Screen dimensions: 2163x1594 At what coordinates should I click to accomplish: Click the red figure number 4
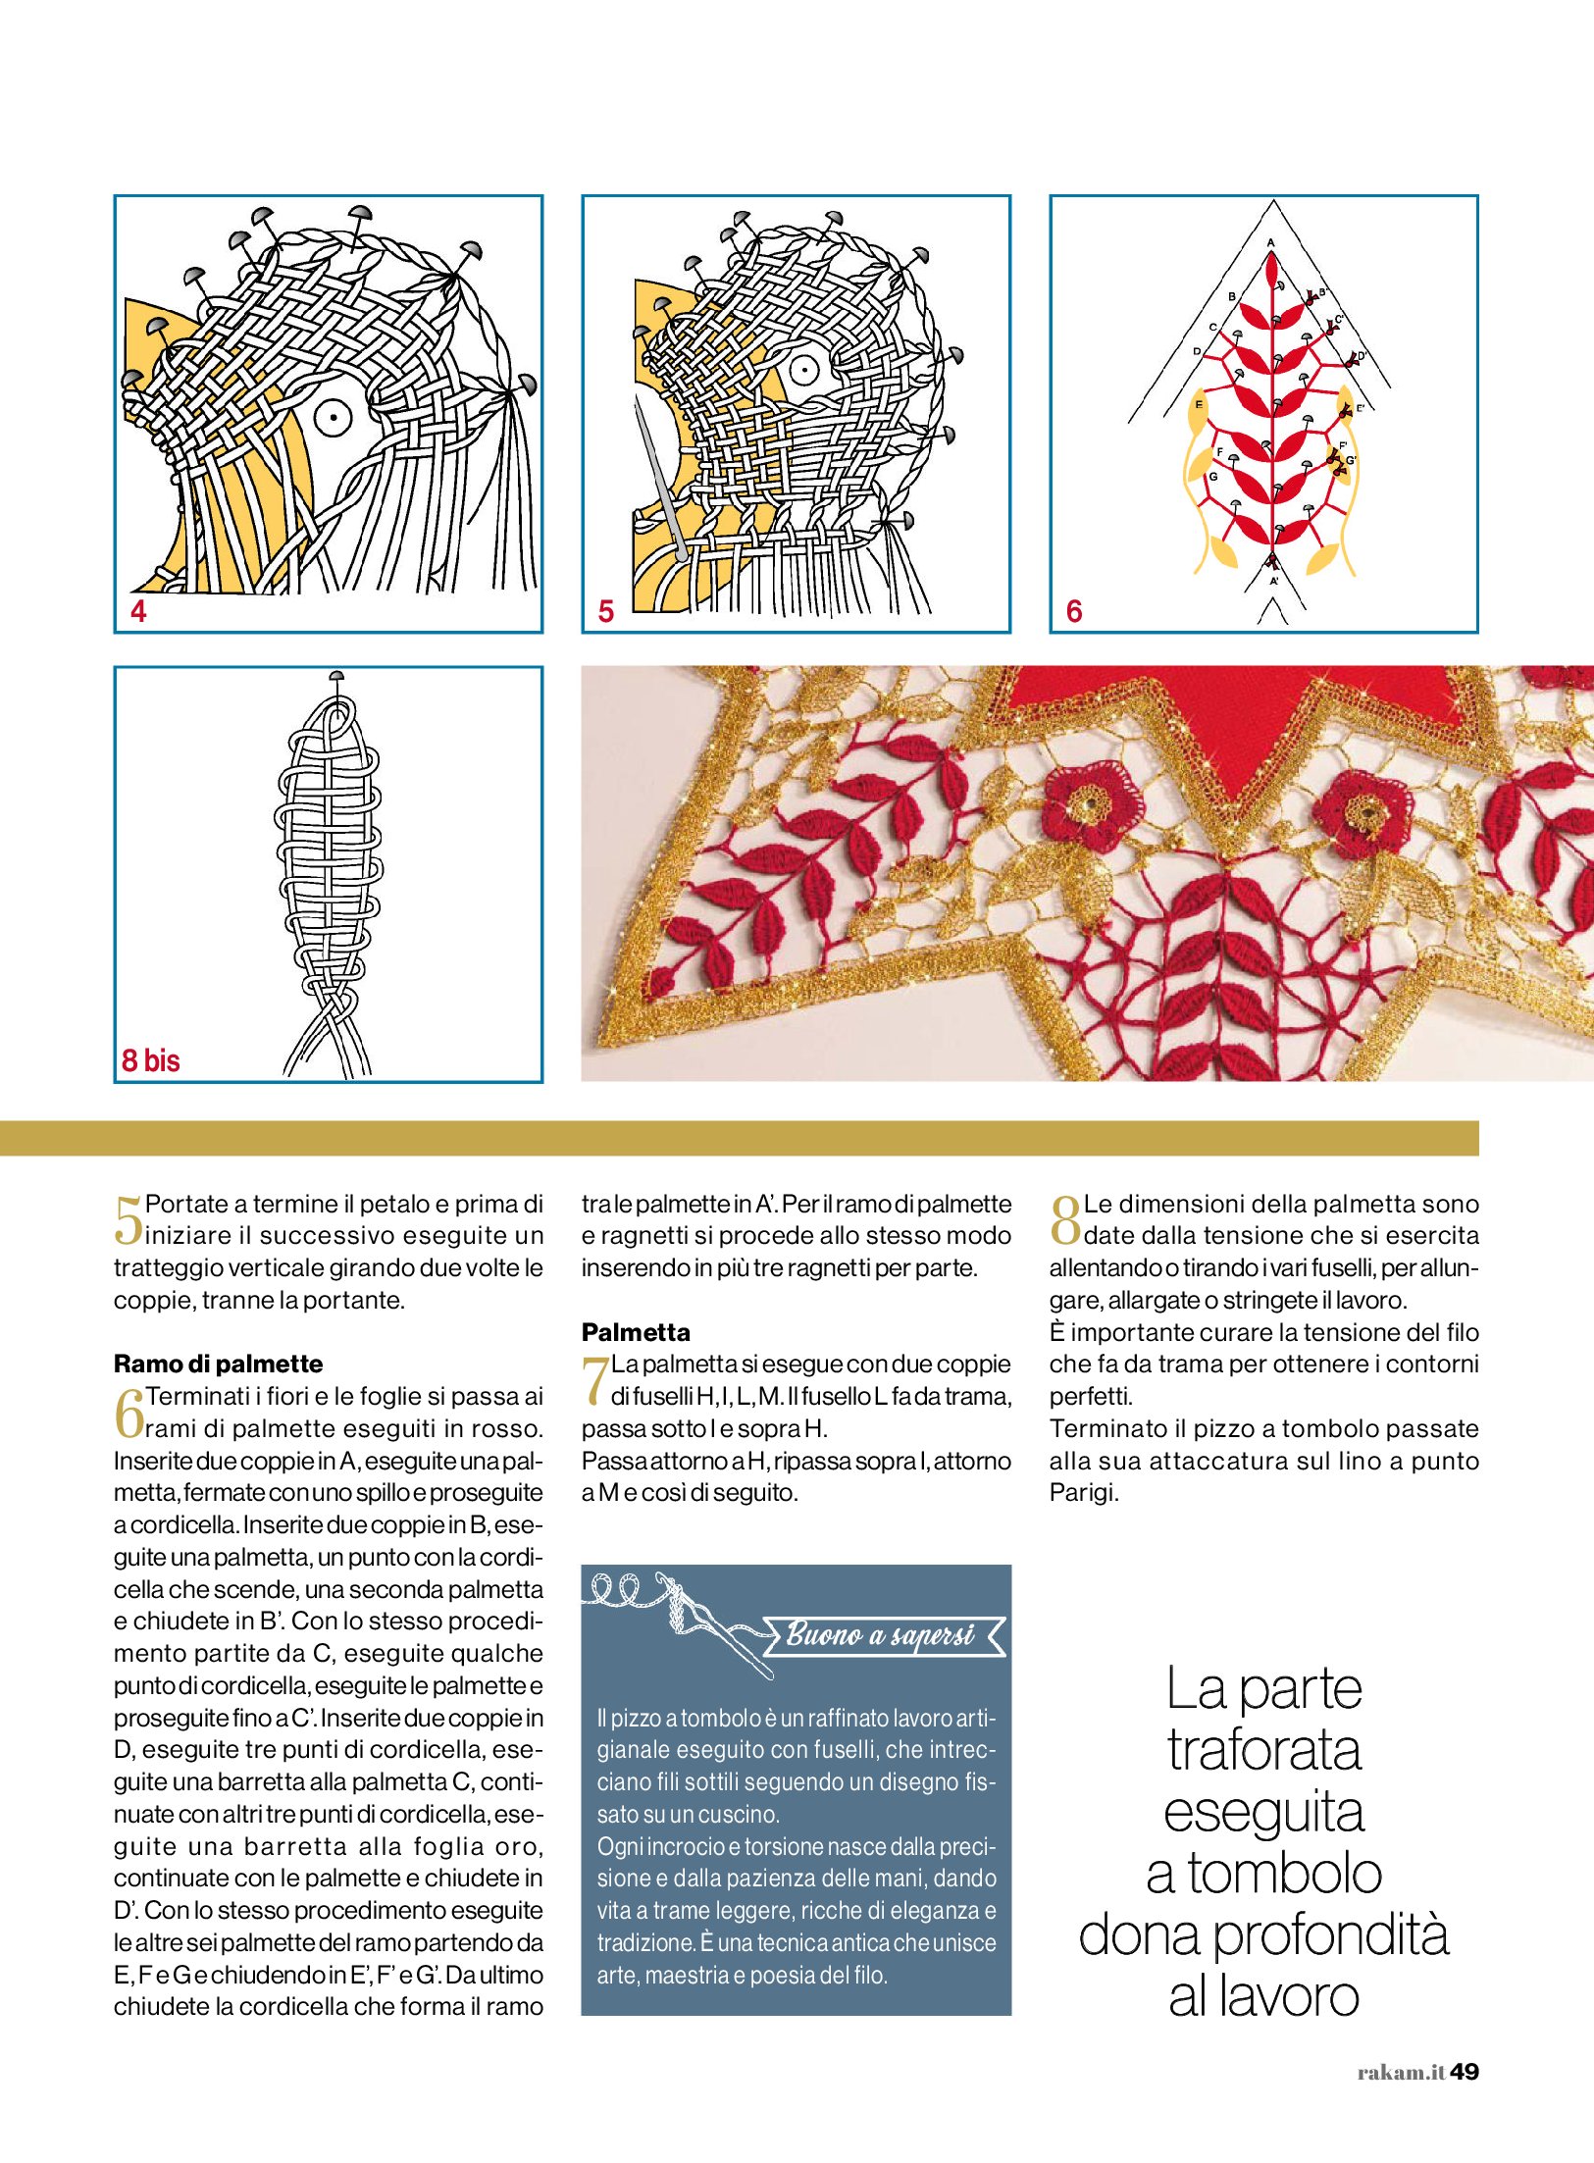(138, 611)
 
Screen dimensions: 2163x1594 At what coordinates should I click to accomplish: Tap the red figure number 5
(606, 611)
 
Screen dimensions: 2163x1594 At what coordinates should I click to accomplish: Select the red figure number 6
(1074, 611)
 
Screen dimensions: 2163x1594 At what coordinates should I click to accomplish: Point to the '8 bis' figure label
(151, 1060)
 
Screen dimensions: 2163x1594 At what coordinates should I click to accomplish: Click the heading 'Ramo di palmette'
(218, 1364)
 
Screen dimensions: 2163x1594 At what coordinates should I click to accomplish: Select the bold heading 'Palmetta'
(636, 1332)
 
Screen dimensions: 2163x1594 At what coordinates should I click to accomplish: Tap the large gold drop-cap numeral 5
(128, 1220)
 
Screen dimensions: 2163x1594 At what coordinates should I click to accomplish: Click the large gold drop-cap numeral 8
(1064, 1220)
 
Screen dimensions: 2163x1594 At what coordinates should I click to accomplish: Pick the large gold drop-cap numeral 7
(594, 1380)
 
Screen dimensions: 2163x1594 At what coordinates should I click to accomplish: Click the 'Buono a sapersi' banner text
(880, 1635)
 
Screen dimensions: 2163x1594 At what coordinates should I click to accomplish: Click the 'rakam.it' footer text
(1401, 2073)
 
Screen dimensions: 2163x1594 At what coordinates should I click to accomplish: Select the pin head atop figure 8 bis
(335, 676)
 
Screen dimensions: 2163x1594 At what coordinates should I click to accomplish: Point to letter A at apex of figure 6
(1271, 242)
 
